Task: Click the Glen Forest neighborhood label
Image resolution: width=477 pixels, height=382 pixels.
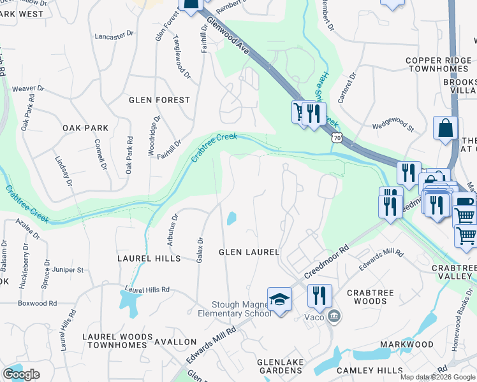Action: [x=159, y=100]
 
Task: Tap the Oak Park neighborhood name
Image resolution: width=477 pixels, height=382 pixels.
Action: [x=85, y=128]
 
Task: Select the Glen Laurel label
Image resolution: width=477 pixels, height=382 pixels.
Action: [x=249, y=252]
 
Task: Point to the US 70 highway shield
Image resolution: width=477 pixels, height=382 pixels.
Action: [x=335, y=136]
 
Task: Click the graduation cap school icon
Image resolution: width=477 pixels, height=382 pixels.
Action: [x=279, y=299]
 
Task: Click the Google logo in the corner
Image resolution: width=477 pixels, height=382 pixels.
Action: [x=21, y=374]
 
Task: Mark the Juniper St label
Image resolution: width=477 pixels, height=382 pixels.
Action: [x=66, y=270]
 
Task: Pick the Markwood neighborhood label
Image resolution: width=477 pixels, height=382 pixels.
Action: [x=407, y=344]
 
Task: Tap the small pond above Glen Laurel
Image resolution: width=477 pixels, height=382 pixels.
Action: [x=231, y=218]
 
